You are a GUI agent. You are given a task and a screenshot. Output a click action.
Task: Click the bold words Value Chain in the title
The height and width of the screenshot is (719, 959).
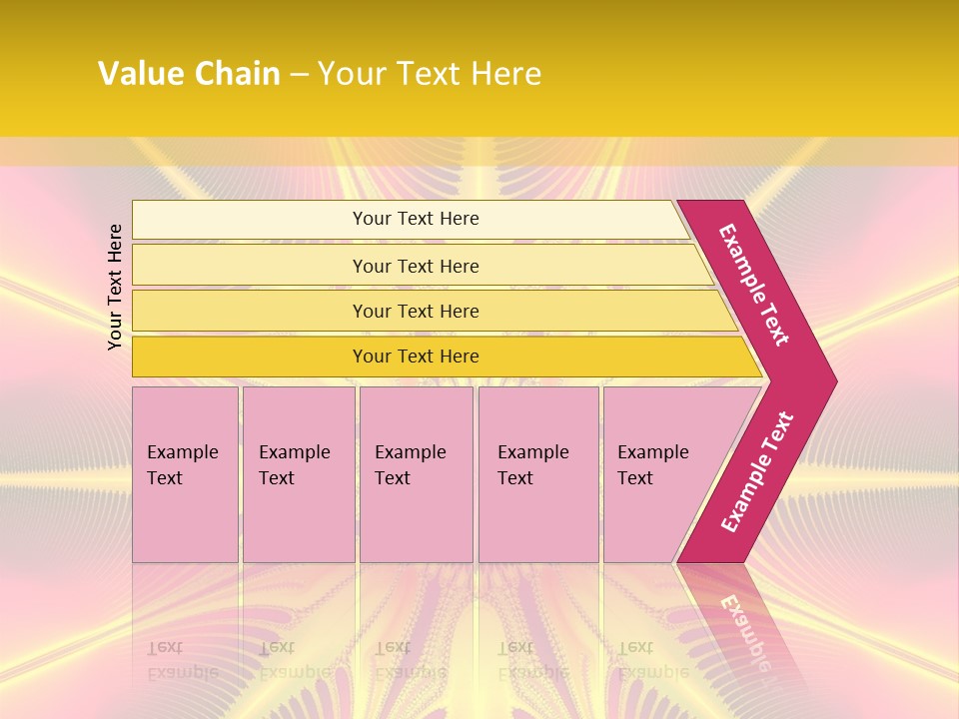(x=189, y=74)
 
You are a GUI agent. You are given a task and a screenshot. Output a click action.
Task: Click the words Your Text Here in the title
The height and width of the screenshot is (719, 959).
(x=430, y=74)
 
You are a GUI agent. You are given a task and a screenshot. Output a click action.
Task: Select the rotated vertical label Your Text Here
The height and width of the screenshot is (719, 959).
(x=115, y=287)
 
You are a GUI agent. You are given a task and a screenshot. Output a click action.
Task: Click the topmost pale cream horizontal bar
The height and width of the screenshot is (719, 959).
(x=250, y=219)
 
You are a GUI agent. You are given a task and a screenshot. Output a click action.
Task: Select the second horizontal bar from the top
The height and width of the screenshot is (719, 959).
(x=250, y=266)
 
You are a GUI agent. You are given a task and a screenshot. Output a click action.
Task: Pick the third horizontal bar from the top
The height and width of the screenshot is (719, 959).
(x=250, y=311)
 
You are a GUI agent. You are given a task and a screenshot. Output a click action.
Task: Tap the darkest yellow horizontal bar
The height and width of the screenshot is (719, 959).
(x=250, y=357)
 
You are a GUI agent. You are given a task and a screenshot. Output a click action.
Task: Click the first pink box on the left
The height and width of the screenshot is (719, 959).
(x=185, y=519)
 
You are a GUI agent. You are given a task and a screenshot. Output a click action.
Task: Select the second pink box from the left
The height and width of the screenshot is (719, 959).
(x=298, y=519)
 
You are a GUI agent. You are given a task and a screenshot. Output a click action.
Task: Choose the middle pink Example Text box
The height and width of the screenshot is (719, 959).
(x=416, y=519)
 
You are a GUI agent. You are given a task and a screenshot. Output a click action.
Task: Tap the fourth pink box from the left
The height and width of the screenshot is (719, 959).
(x=538, y=519)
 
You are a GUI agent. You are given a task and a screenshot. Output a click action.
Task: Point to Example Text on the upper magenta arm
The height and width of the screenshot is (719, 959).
(x=754, y=285)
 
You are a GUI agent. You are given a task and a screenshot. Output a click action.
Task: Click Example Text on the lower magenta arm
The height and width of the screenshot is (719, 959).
(x=757, y=472)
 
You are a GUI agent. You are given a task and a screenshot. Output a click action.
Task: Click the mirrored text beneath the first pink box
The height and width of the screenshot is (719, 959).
(x=182, y=659)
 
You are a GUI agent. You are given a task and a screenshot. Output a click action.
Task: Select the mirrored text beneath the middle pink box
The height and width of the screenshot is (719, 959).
(x=410, y=659)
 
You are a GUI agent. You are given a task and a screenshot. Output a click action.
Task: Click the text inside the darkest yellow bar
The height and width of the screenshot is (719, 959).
(x=416, y=357)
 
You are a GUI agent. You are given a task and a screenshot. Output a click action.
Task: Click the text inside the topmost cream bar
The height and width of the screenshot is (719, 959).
(x=416, y=219)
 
